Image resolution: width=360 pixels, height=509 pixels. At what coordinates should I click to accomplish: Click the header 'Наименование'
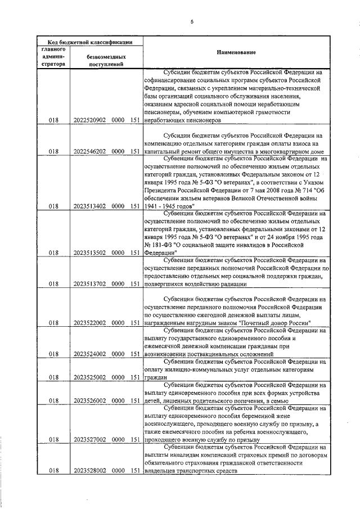pyautogui.click(x=236, y=52)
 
